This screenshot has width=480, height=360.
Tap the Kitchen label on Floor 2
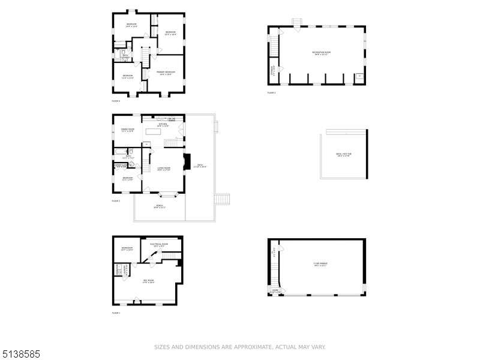(163, 125)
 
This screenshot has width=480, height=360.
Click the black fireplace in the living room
(187, 161)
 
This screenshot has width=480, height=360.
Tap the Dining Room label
(127, 130)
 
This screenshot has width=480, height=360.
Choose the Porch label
(160, 206)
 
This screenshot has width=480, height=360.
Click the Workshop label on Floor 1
(127, 248)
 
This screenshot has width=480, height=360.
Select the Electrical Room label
(159, 245)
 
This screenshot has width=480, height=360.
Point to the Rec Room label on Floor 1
(148, 281)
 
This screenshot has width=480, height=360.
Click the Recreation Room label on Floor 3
(322, 53)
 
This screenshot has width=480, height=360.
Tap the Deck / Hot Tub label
(343, 155)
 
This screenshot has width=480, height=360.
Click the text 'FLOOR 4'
(116, 101)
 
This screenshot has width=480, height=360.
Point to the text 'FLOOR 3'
(271, 93)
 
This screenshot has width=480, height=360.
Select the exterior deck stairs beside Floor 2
(223, 199)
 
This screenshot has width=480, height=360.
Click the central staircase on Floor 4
(145, 56)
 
